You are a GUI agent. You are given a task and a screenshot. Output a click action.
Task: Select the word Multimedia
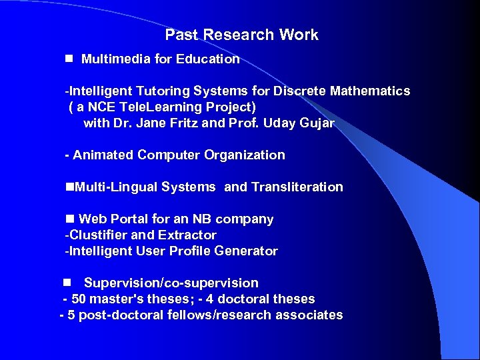[x=116, y=59]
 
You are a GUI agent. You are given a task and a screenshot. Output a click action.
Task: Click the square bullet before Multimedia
[x=68, y=59]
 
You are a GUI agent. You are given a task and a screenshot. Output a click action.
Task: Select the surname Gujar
[x=317, y=123]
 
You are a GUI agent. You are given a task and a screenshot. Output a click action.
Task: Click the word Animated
[x=103, y=155]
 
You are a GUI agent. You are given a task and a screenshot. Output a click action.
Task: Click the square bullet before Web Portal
[x=69, y=219]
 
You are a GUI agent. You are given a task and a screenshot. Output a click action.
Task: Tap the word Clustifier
[x=99, y=235]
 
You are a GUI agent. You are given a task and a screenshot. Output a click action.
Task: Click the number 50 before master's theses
[x=78, y=299]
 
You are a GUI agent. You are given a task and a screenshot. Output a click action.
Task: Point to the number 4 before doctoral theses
[x=210, y=299]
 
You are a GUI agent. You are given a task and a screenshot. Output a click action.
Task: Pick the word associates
[x=311, y=315]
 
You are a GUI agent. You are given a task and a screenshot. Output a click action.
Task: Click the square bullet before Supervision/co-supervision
[x=68, y=283]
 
